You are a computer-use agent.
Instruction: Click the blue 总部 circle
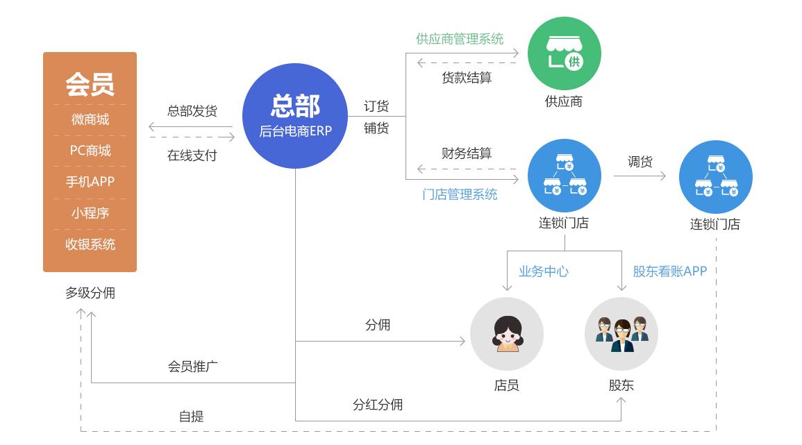point(295,116)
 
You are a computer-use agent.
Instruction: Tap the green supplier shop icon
point(564,54)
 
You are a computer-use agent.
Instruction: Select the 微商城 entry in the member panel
point(90,119)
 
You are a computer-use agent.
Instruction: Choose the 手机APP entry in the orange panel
point(90,182)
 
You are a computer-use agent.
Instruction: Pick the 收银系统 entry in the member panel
point(90,244)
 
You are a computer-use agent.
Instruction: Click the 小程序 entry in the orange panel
point(90,213)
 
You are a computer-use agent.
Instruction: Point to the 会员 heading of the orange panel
point(90,84)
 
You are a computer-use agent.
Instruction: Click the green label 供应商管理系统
point(460,39)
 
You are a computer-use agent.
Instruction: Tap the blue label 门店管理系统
point(460,194)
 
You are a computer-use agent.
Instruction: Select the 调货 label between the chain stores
point(640,162)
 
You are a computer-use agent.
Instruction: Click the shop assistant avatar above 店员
point(506,334)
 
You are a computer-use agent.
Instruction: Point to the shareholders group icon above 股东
point(621,334)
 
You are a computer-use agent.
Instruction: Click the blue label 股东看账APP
point(669,271)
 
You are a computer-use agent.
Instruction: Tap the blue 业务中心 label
point(544,271)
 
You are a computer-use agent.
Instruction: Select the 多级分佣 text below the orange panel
point(90,293)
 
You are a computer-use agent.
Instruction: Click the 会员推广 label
point(193,366)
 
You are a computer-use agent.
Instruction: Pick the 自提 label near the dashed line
point(192,417)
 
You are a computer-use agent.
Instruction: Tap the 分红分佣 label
point(378,404)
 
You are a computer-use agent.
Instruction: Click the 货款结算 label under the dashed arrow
point(467,78)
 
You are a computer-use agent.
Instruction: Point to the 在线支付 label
point(192,156)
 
